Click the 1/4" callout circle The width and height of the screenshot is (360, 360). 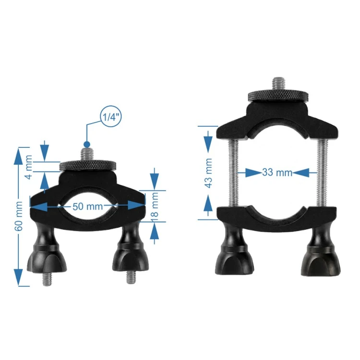[111, 117]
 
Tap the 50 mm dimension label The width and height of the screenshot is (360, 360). [88, 206]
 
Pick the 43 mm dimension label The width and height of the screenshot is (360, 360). [208, 173]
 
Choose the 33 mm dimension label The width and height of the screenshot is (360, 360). [277, 172]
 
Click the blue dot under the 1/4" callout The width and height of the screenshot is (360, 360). [87, 144]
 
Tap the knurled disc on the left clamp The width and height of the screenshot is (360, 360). [88, 166]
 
